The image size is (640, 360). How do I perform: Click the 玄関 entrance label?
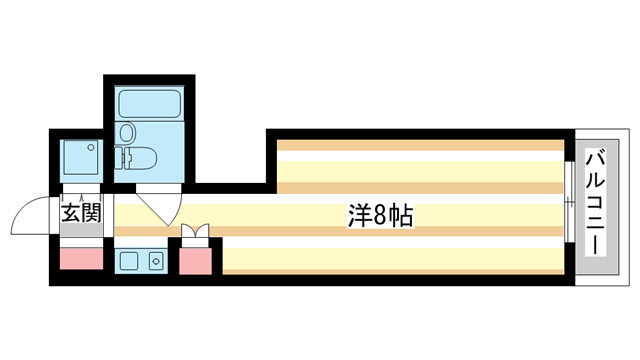point(81,213)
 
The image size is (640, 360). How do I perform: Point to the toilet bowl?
point(140,157)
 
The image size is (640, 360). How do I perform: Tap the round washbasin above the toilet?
point(128,132)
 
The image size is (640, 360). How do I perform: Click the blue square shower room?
point(80,159)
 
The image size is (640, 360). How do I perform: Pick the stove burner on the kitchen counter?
point(155,262)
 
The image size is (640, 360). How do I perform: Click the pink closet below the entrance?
point(80,259)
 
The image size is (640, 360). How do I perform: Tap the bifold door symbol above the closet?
point(196,235)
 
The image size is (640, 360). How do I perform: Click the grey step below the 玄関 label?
point(81,232)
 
